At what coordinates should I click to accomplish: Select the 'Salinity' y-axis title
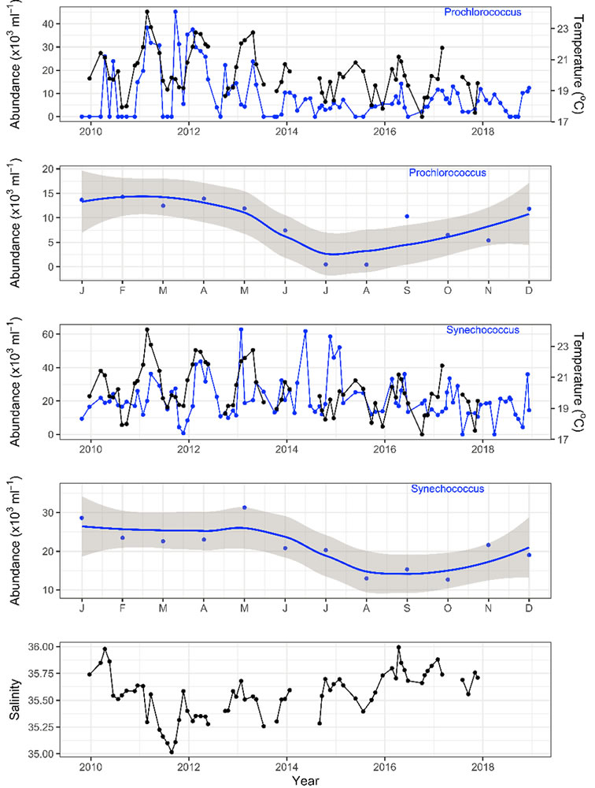[x=13, y=700]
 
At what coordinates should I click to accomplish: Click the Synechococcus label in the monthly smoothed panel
[x=447, y=489]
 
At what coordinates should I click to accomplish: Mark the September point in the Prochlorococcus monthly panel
[x=407, y=216]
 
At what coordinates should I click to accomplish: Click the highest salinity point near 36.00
[x=399, y=647]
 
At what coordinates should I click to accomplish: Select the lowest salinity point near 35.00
[x=171, y=752]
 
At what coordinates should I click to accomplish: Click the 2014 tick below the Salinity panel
[x=286, y=767]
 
